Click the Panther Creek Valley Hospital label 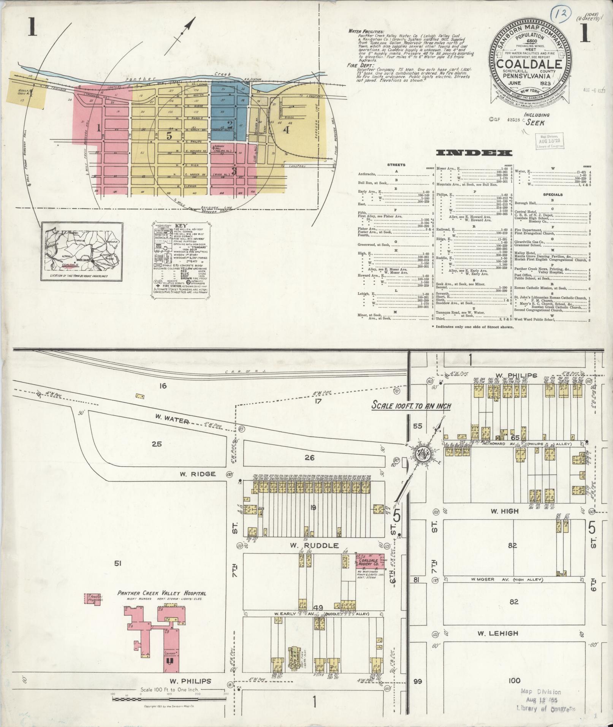[162, 593]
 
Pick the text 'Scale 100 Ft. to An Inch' [411, 406]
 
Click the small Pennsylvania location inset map [82, 252]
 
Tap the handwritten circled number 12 [558, 14]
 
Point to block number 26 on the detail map [309, 458]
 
